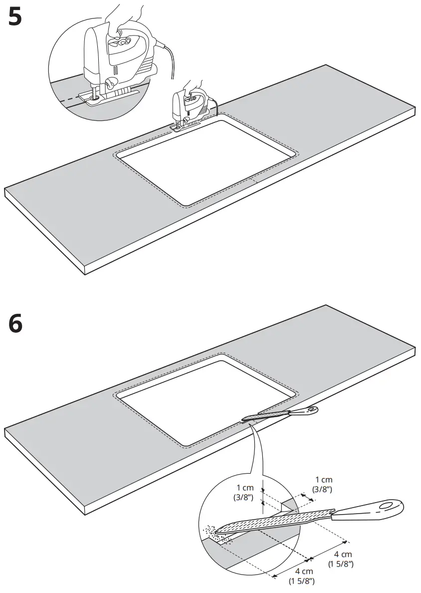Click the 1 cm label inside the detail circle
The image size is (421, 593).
click(245, 492)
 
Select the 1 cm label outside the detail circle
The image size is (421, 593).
click(324, 484)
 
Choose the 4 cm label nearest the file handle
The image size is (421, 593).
click(343, 559)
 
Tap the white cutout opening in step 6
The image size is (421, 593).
click(207, 400)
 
